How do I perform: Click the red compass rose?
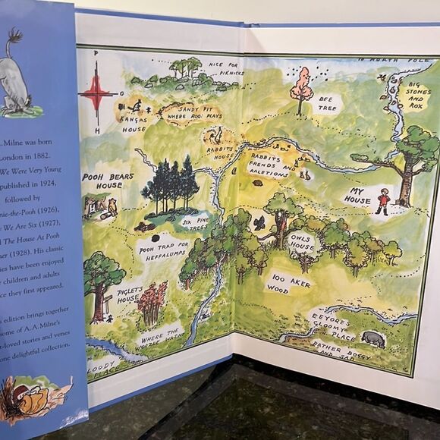(x=97, y=95)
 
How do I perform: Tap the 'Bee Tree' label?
(x=327, y=103)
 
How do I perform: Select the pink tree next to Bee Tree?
(x=302, y=88)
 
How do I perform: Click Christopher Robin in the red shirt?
(x=384, y=201)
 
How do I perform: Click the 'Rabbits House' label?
(x=221, y=148)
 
